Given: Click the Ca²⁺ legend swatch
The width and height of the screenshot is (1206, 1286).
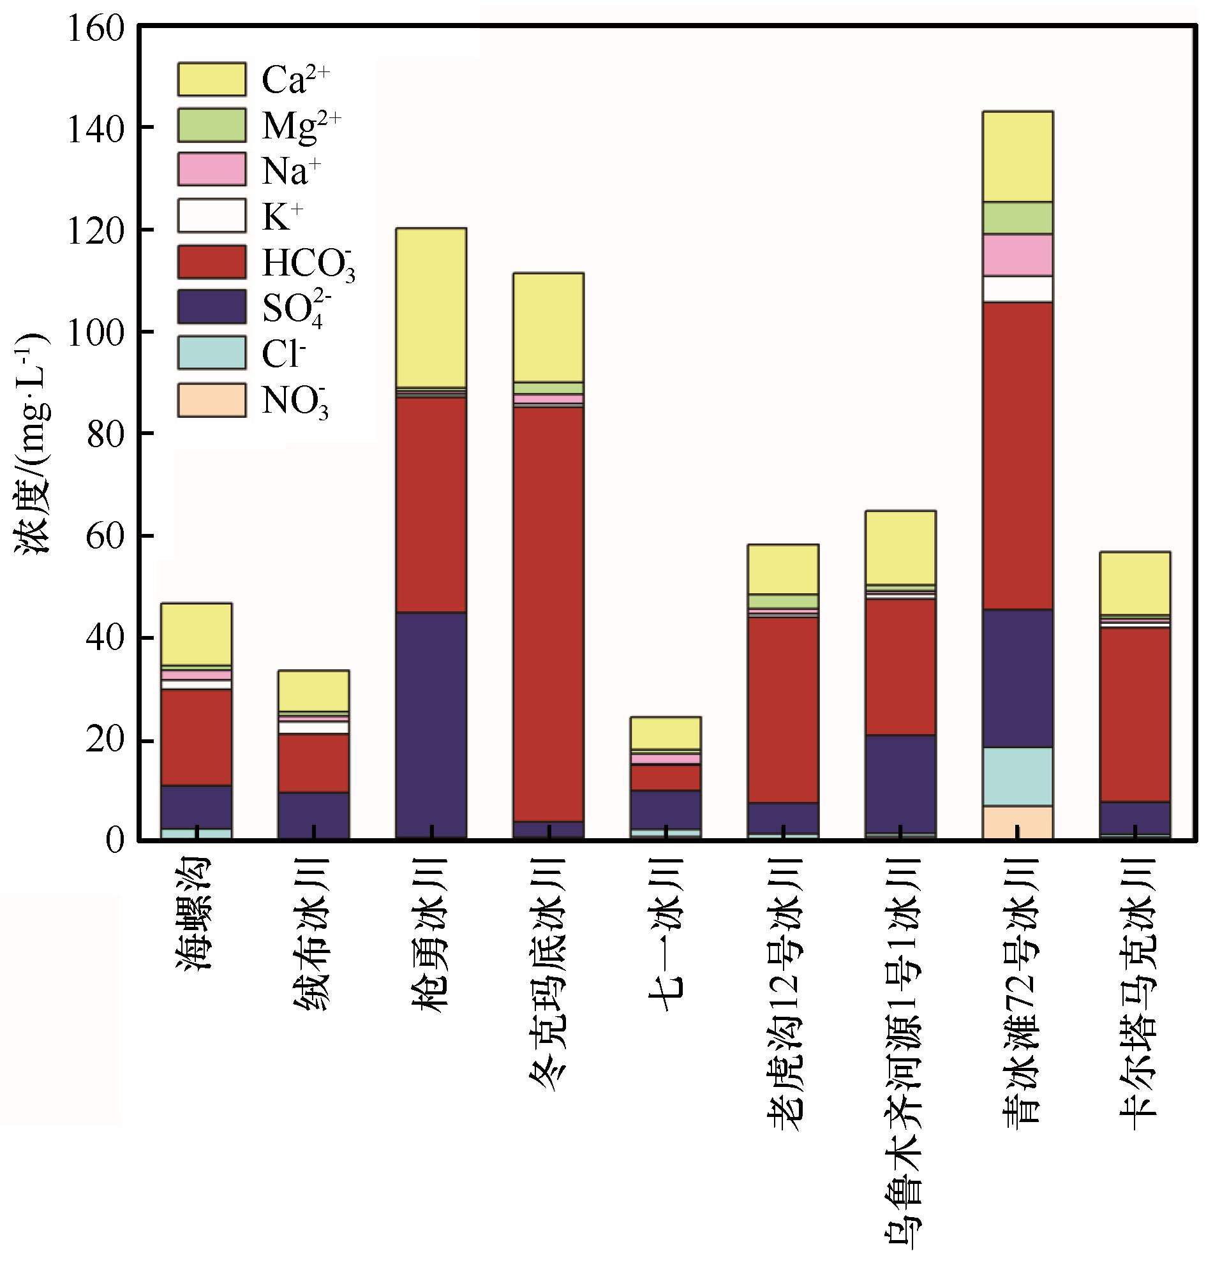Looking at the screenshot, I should click(212, 80).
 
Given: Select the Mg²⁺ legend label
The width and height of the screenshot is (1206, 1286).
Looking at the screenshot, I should click(301, 126).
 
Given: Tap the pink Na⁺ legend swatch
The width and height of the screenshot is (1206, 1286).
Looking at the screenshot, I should click(212, 170).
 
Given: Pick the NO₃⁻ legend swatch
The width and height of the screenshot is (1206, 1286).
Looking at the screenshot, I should click(212, 400).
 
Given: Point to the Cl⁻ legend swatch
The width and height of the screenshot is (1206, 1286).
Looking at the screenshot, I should click(212, 353).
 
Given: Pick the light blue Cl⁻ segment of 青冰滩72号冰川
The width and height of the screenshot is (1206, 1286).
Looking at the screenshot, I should click(1018, 776).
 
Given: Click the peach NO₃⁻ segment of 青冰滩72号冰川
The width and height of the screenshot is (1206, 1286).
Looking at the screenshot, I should click(1018, 822).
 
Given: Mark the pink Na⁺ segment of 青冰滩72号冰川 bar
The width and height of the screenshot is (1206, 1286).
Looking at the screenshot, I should click(1018, 255).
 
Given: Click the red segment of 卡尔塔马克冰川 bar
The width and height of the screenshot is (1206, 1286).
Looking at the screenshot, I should click(1135, 715).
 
